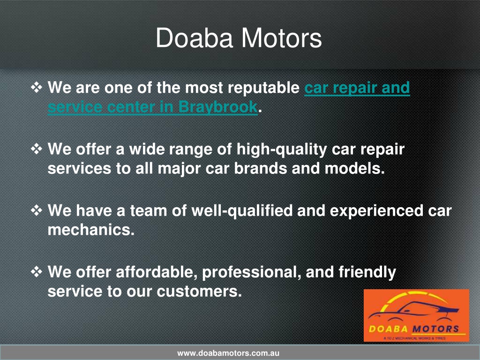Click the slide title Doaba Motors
[239, 38]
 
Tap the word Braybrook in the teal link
[217, 107]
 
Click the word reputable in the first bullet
[263, 88]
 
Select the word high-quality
[282, 150]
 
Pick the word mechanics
[91, 230]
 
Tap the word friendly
[367, 272]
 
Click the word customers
[199, 292]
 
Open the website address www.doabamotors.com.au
[228, 353]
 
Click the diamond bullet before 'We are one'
[37, 88]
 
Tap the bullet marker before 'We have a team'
[37, 211]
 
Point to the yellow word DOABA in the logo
[389, 329]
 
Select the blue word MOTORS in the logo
[435, 329]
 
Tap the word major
[179, 169]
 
